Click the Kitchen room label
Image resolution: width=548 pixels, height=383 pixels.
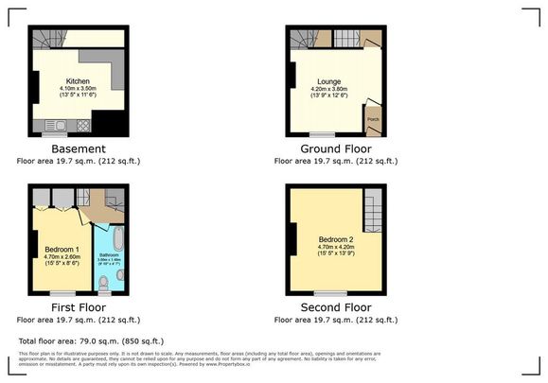tap(78, 82)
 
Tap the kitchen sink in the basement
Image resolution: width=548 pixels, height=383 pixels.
tap(54, 124)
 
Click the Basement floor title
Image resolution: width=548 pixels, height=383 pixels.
tap(79, 149)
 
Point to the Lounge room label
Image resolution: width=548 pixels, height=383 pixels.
tap(329, 82)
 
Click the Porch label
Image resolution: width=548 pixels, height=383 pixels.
tap(372, 119)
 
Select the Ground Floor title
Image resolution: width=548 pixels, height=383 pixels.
tap(335, 149)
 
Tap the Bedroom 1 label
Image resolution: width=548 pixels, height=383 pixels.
tap(64, 249)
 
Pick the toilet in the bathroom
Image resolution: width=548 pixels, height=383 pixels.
tap(104, 282)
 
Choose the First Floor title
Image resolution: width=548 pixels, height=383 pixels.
tap(78, 308)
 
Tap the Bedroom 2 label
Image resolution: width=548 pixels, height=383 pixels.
tap(335, 238)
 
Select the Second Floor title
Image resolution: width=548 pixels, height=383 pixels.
tap(335, 308)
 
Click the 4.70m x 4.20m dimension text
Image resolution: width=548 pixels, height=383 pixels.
tap(335, 248)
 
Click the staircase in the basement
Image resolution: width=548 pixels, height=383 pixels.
tap(46, 39)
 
